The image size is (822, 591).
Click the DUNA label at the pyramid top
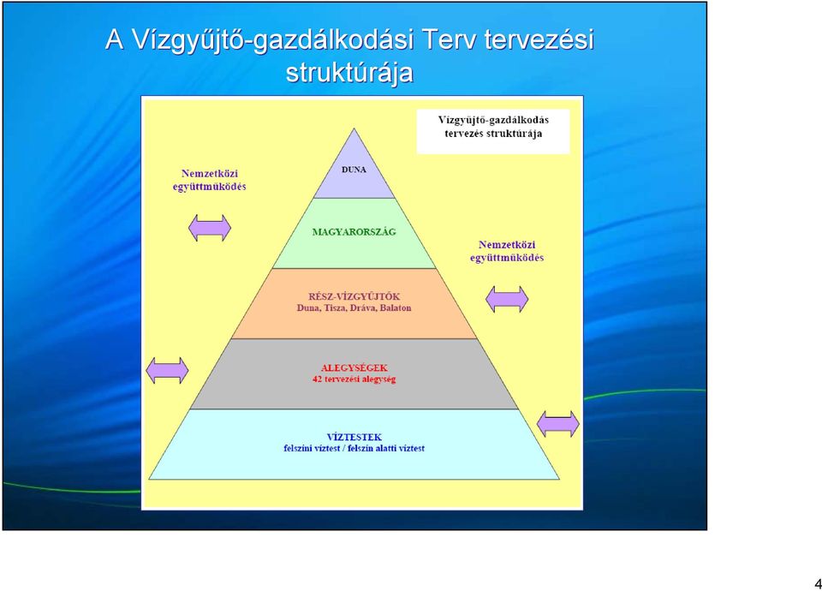[354, 170]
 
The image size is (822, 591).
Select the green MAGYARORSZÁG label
[354, 232]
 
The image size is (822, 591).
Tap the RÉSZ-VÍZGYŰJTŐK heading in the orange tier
[354, 296]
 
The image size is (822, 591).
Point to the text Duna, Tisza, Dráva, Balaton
[354, 307]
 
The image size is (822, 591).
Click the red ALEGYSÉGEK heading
[354, 367]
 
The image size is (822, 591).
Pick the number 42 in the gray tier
[317, 379]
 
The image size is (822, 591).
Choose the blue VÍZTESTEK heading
[354, 437]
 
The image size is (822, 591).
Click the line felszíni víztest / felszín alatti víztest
[354, 448]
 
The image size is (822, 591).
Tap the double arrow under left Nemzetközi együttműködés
[210, 228]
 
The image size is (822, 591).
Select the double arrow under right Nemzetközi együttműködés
[507, 300]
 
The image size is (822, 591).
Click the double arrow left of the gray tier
[167, 371]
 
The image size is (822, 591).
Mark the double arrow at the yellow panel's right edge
[558, 424]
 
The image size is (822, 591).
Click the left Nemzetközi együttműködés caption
[209, 180]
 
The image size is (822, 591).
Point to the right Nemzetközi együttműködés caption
[506, 251]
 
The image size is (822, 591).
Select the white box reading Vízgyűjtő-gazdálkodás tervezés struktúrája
[493, 131]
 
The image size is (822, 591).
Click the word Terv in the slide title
[450, 39]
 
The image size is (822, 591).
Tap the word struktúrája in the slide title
[349, 74]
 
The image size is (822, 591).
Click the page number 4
[818, 583]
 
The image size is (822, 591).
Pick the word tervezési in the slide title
[539, 39]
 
